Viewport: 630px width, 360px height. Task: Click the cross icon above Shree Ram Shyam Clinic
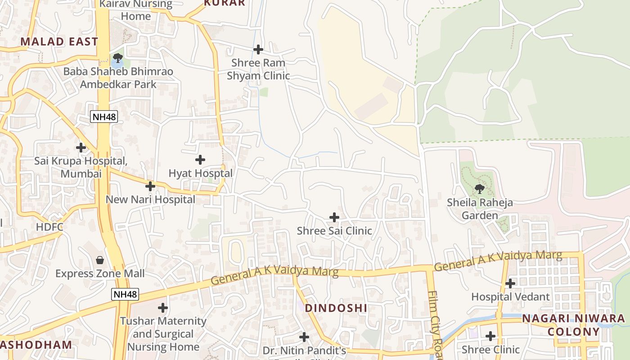click(258, 49)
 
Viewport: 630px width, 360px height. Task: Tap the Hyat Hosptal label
click(200, 173)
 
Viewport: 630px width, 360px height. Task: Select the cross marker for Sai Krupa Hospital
click(81, 147)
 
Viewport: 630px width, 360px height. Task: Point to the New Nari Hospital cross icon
click(150, 186)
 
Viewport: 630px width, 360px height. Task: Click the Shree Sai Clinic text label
click(334, 231)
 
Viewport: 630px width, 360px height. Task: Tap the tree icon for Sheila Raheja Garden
click(480, 189)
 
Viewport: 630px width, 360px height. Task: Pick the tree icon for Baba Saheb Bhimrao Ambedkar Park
click(118, 58)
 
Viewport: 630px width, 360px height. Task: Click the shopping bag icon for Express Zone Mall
click(100, 260)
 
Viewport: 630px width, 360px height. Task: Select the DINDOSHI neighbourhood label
click(336, 308)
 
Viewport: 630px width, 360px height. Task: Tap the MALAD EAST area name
click(59, 42)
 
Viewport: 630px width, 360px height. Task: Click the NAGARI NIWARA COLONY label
click(573, 325)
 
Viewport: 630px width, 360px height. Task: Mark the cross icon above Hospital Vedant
click(510, 283)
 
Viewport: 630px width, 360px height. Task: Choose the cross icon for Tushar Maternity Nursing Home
click(163, 308)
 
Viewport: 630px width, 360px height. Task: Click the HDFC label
click(49, 227)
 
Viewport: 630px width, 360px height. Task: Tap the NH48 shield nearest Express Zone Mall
click(125, 294)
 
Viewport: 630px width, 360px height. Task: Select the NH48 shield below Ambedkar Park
click(104, 117)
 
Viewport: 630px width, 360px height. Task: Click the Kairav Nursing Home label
click(135, 10)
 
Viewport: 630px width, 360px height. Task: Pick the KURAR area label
click(225, 3)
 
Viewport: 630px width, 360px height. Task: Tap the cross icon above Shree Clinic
click(490, 336)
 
